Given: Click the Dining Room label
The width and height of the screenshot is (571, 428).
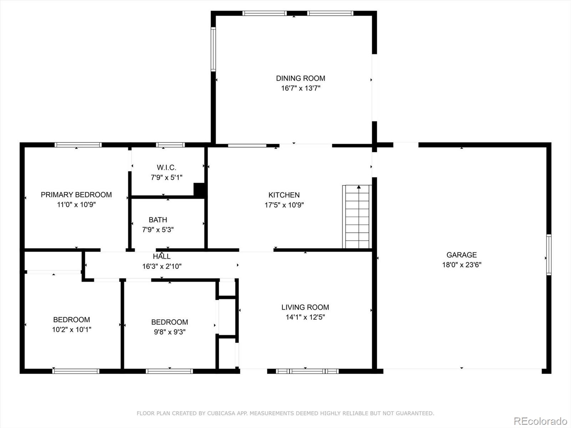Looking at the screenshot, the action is click(300, 78).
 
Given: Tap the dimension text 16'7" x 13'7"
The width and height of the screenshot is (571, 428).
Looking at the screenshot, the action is click(300, 88).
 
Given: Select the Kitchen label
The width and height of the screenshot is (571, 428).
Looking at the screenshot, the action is click(284, 195).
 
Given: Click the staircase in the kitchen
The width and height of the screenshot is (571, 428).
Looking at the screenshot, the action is click(357, 217).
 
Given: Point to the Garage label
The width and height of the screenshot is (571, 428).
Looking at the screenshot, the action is click(462, 255).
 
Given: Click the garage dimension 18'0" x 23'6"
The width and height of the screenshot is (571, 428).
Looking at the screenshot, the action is click(462, 265).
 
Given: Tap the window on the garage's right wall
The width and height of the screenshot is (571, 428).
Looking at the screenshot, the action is click(549, 255).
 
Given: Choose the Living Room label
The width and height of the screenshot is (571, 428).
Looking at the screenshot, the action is click(305, 307).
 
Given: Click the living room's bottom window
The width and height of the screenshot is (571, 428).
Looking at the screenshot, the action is click(307, 371).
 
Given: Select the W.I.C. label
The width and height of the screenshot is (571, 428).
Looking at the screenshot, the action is click(167, 167).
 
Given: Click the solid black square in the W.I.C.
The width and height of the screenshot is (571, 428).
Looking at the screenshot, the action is click(199, 190).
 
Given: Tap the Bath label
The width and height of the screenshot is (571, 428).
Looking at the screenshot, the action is click(158, 220).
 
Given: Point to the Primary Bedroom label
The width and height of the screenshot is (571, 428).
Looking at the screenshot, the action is click(76, 195).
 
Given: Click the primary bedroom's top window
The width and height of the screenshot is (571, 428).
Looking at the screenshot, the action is click(78, 145).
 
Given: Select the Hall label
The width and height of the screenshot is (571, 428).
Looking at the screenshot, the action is click(162, 256).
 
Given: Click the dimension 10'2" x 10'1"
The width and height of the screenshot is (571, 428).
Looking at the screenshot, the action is click(71, 330).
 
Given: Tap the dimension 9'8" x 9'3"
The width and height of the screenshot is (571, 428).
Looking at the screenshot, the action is click(170, 332).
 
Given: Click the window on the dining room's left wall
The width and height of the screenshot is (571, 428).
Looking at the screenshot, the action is click(213, 49).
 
